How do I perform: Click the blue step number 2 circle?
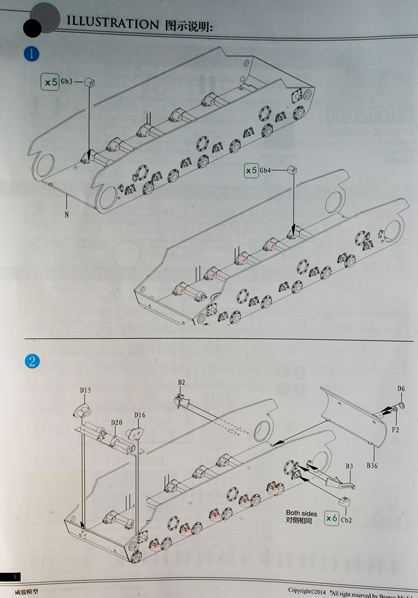[32, 361]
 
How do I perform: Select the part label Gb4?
[265, 170]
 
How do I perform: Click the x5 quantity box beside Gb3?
[50, 82]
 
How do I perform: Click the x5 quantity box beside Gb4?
[250, 170]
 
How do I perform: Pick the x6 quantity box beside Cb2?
[331, 517]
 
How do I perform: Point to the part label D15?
[85, 390]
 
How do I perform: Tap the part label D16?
[139, 415]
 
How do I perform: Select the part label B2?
[181, 382]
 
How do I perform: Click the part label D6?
[401, 388]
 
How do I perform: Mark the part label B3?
[350, 466]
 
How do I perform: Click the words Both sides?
[301, 513]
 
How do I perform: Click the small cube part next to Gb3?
[89, 82]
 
